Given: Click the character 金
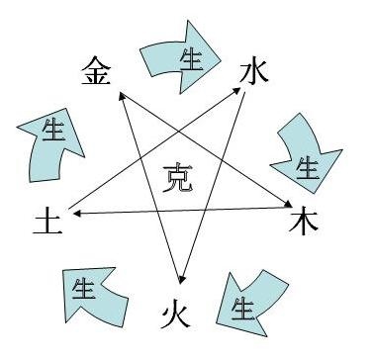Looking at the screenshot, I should click(x=96, y=71).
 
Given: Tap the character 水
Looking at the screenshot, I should click(x=254, y=71).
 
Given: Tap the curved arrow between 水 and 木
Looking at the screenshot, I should click(x=301, y=153).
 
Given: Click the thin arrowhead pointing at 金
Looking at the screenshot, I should click(x=120, y=97).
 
